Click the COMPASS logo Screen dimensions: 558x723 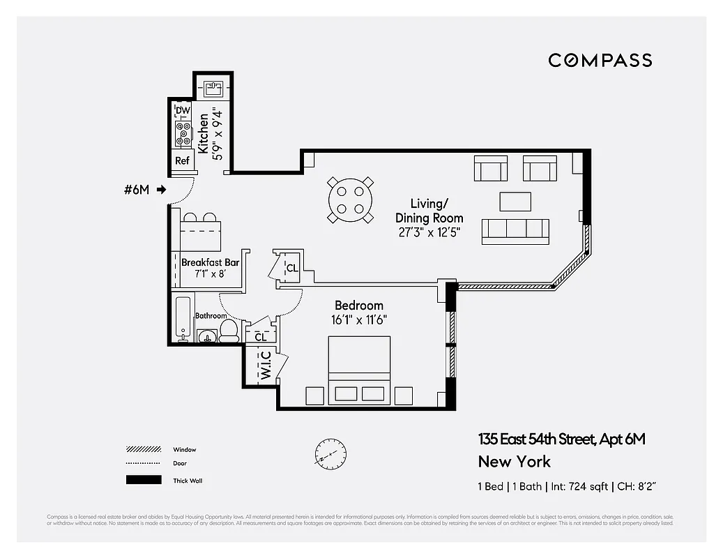click(600, 60)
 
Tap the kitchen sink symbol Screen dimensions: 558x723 click(212, 89)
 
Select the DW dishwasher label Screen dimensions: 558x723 click(183, 111)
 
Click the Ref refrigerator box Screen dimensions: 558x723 click(182, 160)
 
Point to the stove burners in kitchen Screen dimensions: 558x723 click(183, 133)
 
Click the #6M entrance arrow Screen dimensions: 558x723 click(161, 189)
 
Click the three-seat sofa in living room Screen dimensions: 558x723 click(515, 231)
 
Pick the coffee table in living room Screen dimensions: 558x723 click(515, 202)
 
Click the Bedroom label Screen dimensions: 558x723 click(359, 306)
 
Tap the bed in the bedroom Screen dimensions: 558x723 click(359, 369)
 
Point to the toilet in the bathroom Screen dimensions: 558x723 click(229, 331)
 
